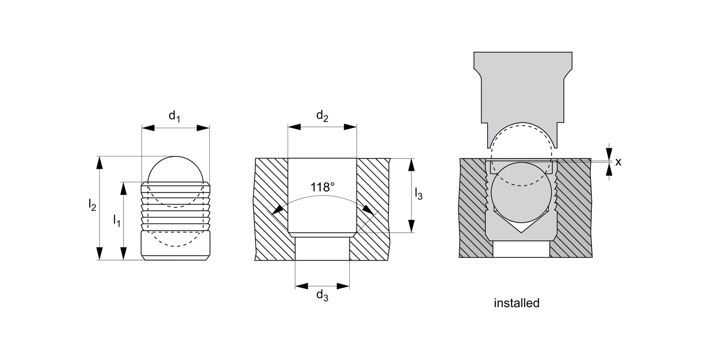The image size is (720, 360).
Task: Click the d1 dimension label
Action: coord(174,117)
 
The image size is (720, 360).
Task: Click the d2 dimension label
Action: coord(322,116)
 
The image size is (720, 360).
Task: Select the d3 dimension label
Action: coord(322,296)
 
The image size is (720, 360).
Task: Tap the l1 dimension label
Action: coord(116,220)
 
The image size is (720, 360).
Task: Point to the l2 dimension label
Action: coord(92,205)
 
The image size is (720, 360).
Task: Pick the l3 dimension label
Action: coord(418,193)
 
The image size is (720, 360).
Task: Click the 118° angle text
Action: coord(322,187)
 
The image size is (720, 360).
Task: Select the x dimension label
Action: coord(618,162)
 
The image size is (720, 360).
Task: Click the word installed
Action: coord(516,303)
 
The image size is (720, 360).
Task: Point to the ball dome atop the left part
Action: coord(176,169)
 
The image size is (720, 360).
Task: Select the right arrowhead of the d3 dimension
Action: coord(343,286)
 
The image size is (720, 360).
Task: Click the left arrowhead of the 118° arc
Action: coord(276,211)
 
